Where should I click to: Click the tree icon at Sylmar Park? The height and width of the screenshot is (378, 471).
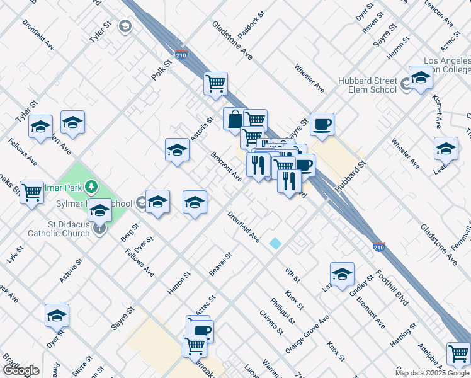click(92, 186)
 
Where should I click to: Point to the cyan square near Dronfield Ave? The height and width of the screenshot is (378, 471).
click(275, 243)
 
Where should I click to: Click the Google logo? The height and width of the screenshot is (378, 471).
click(20, 370)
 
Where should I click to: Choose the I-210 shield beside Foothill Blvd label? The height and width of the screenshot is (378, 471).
click(378, 247)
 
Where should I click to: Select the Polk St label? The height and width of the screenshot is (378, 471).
click(161, 70)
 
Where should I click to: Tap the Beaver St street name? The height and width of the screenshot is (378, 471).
click(221, 264)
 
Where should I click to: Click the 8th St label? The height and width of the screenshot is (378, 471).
click(293, 275)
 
